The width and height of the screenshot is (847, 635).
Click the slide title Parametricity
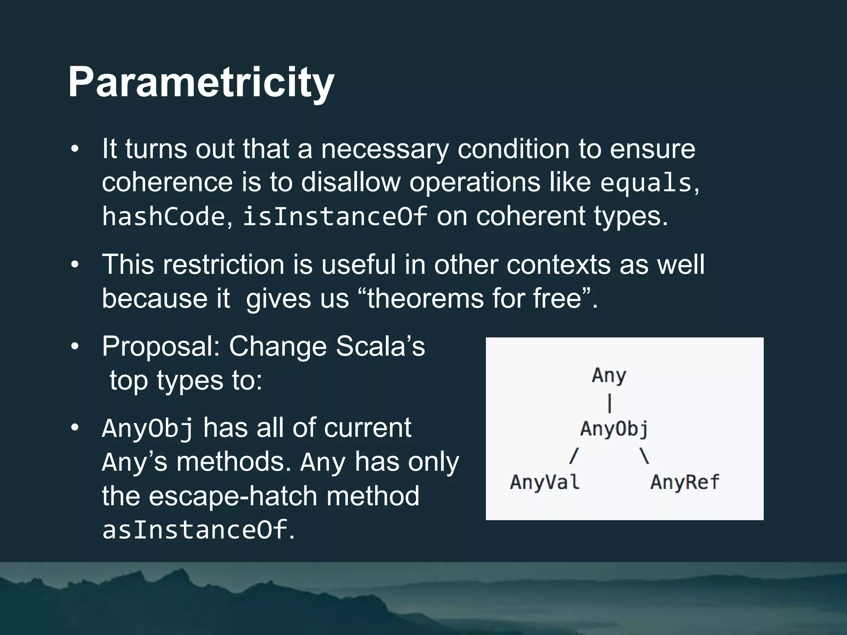(201, 82)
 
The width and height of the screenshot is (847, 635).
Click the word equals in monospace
(646, 183)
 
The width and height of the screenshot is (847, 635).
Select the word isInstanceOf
(335, 216)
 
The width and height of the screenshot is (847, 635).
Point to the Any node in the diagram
(609, 375)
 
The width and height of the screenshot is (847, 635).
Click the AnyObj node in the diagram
(614, 429)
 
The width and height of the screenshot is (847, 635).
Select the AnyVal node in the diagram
(545, 482)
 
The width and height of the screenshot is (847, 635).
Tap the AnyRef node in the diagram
(685, 482)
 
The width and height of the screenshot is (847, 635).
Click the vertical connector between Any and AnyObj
(610, 403)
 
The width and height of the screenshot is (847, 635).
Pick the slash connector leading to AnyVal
(573, 456)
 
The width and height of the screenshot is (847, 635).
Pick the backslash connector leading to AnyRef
(644, 456)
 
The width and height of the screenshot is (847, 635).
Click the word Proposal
(161, 346)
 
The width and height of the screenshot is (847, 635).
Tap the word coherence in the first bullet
(167, 182)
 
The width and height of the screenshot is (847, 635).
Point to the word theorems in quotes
(425, 298)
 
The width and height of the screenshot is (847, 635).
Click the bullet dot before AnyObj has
(74, 428)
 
